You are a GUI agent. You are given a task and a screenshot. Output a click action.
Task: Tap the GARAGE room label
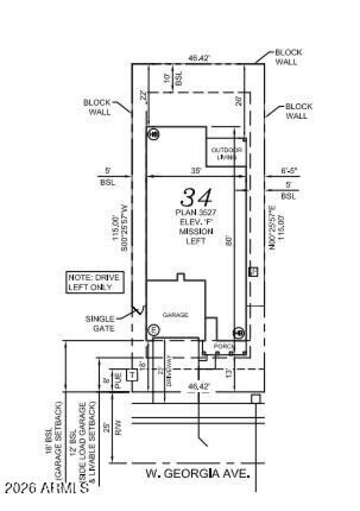tap(175, 315)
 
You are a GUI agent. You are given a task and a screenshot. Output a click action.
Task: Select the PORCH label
tap(224, 346)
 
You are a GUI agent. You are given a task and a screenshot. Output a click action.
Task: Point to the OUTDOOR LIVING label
tap(226, 154)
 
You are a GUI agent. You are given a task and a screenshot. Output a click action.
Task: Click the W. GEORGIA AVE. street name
tap(198, 474)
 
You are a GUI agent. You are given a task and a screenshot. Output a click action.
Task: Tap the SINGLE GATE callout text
tap(100, 324)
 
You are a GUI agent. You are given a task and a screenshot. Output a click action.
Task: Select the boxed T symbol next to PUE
tap(132, 374)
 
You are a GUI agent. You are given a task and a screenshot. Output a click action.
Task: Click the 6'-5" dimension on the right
tap(288, 171)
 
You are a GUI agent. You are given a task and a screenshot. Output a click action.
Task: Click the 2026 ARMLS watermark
tap(47, 488)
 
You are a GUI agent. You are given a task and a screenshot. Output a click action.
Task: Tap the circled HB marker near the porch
tap(238, 333)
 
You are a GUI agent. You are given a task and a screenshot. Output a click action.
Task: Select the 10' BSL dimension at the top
tap(174, 79)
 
